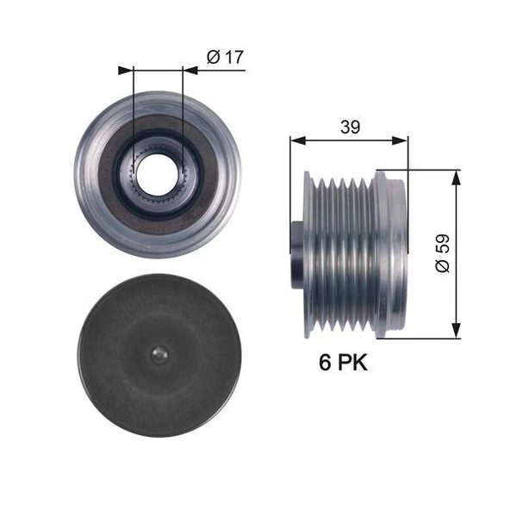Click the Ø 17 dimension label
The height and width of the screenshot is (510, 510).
pyautogui.click(x=226, y=57)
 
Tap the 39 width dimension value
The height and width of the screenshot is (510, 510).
pyautogui.click(x=349, y=127)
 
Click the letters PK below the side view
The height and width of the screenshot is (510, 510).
pyautogui.click(x=352, y=363)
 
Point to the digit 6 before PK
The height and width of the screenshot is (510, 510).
pyautogui.click(x=326, y=363)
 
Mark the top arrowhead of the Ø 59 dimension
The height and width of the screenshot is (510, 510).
pyautogui.click(x=456, y=176)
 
